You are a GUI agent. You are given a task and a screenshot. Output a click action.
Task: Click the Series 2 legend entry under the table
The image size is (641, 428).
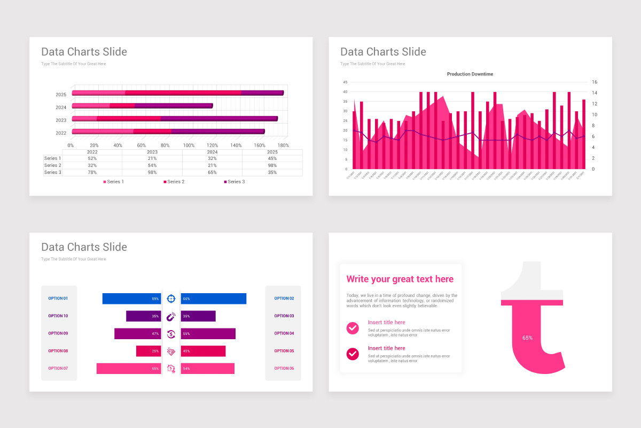(x=174, y=182)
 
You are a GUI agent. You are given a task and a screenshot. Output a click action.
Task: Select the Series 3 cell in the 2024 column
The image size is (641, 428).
(x=212, y=172)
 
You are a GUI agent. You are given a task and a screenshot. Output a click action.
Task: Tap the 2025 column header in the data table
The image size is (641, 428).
(x=272, y=152)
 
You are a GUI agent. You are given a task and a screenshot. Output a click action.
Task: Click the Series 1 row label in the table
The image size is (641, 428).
(x=53, y=158)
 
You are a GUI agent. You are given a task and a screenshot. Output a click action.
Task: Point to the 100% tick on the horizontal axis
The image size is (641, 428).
(x=189, y=146)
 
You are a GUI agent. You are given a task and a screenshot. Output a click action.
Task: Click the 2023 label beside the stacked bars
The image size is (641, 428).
(x=61, y=120)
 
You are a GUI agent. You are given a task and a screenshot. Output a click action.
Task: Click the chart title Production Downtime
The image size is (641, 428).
(x=470, y=74)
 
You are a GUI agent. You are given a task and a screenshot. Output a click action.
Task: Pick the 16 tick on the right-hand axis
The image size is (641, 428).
(x=595, y=82)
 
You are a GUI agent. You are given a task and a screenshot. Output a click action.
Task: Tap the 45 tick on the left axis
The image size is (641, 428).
(x=345, y=82)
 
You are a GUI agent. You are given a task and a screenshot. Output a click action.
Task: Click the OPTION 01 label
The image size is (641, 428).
(x=58, y=299)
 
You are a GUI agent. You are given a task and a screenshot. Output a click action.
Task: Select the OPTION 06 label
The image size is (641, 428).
(x=284, y=369)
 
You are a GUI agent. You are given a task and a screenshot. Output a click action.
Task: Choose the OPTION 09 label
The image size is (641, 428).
(x=58, y=333)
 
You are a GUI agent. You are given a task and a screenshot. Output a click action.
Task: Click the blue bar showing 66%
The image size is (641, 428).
(x=214, y=299)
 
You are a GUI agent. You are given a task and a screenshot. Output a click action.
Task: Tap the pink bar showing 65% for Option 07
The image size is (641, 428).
(x=128, y=369)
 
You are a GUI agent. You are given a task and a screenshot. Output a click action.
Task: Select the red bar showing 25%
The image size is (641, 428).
(x=148, y=351)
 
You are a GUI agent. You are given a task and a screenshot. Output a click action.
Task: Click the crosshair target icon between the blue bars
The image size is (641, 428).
(x=171, y=299)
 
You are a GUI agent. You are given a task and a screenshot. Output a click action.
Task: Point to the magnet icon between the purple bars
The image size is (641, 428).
(x=171, y=316)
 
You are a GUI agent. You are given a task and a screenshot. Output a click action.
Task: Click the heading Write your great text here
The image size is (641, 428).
(x=400, y=279)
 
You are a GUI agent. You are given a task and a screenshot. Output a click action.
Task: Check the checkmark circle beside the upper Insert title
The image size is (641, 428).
(x=353, y=328)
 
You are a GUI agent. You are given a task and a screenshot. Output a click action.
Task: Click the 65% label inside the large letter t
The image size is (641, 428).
(x=527, y=338)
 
